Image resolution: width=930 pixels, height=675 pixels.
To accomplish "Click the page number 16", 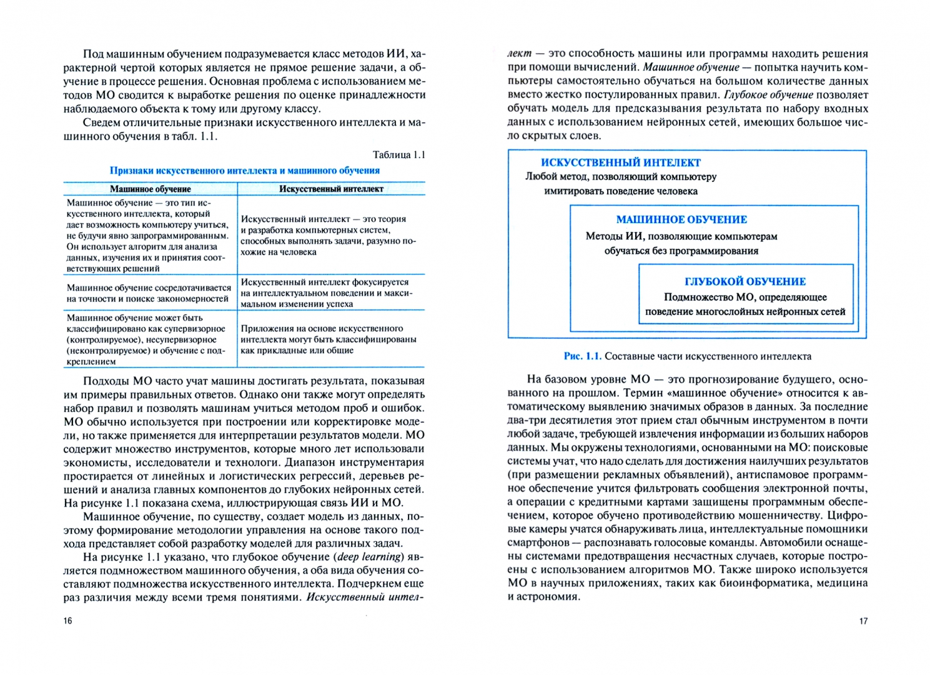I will coord(67,621).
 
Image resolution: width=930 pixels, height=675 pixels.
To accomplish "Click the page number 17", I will coord(863,621).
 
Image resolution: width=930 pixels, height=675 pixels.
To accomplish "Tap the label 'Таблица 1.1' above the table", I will coord(398,155).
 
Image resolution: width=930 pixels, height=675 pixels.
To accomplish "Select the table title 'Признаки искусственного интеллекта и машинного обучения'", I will coord(245,171).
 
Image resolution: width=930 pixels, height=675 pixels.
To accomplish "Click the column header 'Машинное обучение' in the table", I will coord(151,189).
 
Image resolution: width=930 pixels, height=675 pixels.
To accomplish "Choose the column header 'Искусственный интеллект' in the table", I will coord(331,189).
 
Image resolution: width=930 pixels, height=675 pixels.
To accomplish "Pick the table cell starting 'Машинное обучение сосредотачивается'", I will coord(149,293).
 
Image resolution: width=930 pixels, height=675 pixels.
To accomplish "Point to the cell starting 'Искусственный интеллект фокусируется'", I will coord(326,292).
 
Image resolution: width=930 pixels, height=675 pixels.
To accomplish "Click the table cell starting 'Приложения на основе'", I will coord(329,339).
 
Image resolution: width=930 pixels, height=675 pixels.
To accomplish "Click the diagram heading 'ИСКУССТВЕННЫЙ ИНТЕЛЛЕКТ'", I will coord(621,162).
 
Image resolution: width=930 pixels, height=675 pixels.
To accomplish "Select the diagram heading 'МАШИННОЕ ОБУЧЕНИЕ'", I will coord(681,220).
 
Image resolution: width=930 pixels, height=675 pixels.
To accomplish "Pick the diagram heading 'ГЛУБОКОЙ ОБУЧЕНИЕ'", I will coord(745,282).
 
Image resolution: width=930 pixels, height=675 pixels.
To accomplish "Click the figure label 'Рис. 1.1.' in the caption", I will coord(582,356).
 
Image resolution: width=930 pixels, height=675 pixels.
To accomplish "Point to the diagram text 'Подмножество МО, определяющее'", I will coord(745,297).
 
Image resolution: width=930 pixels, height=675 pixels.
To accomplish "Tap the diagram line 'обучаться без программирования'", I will coord(681,251).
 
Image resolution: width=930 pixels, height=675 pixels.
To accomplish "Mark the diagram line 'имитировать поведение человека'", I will coord(621,191).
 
